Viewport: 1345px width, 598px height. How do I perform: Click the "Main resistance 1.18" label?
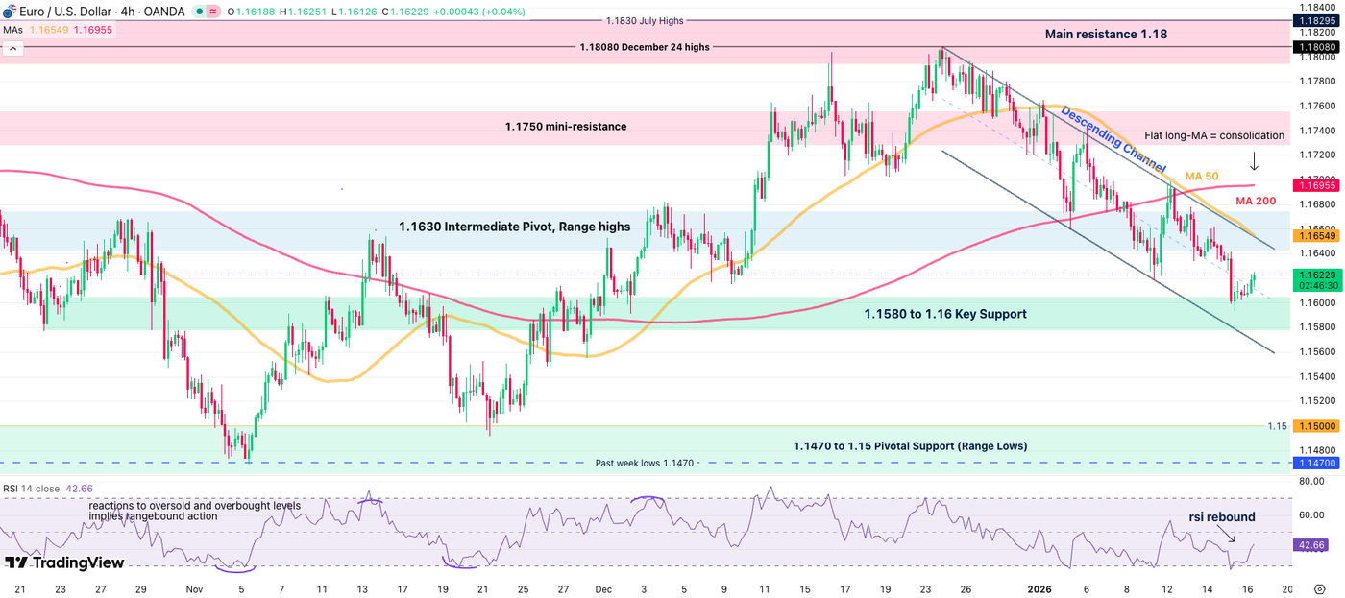pos(1106,35)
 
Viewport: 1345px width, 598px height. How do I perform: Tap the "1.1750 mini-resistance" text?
pos(566,126)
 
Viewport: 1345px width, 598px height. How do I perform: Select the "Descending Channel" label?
pos(1113,140)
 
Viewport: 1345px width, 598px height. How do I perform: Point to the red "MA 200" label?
pos(1257,201)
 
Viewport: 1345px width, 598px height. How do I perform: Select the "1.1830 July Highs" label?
pos(644,21)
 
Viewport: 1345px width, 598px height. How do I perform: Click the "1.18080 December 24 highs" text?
pos(645,47)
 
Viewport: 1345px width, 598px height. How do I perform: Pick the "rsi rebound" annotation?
pos(1221,517)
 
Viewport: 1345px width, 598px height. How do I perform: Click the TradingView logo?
pos(64,562)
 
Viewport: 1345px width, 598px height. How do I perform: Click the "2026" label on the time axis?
pos(1042,588)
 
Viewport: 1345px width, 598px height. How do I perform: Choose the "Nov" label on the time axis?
pos(195,588)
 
